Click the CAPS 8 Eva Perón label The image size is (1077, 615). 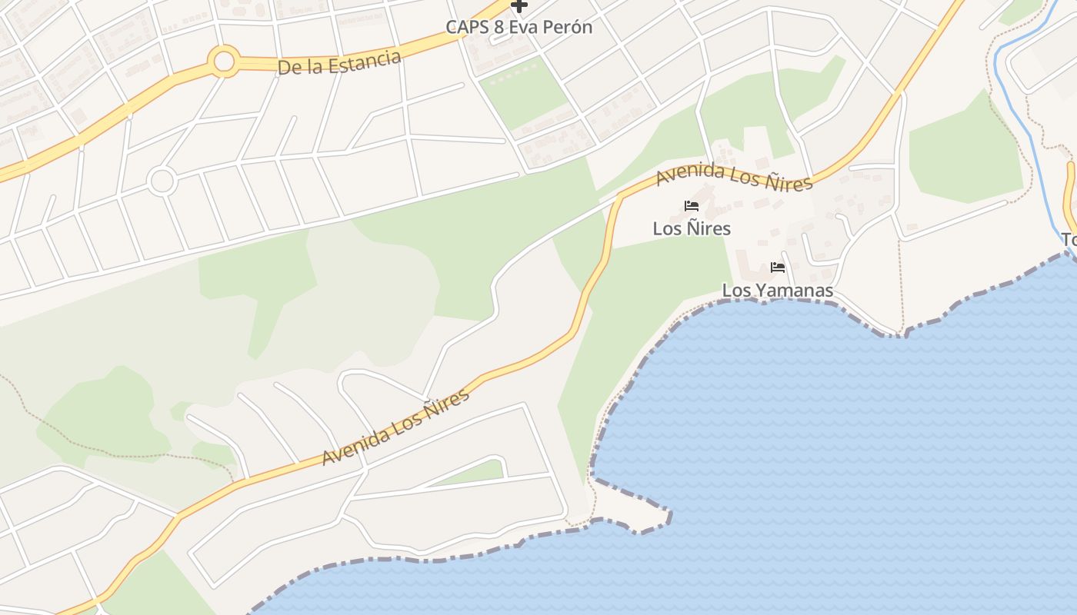tap(519, 27)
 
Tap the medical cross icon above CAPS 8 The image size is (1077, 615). tap(519, 6)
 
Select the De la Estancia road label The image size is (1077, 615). tap(339, 62)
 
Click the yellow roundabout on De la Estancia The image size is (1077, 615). tap(224, 61)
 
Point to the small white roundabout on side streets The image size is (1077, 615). tap(162, 181)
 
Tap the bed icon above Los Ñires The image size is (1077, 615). tap(692, 206)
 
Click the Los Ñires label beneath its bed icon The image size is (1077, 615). tap(692, 228)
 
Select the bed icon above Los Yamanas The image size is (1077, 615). tap(778, 268)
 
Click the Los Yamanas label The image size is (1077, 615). tap(777, 291)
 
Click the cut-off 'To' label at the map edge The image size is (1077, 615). tap(1069, 239)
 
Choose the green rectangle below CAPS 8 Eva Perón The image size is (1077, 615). tap(523, 92)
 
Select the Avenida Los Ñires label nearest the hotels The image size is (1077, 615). tap(734, 177)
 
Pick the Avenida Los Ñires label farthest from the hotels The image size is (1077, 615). tap(395, 427)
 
